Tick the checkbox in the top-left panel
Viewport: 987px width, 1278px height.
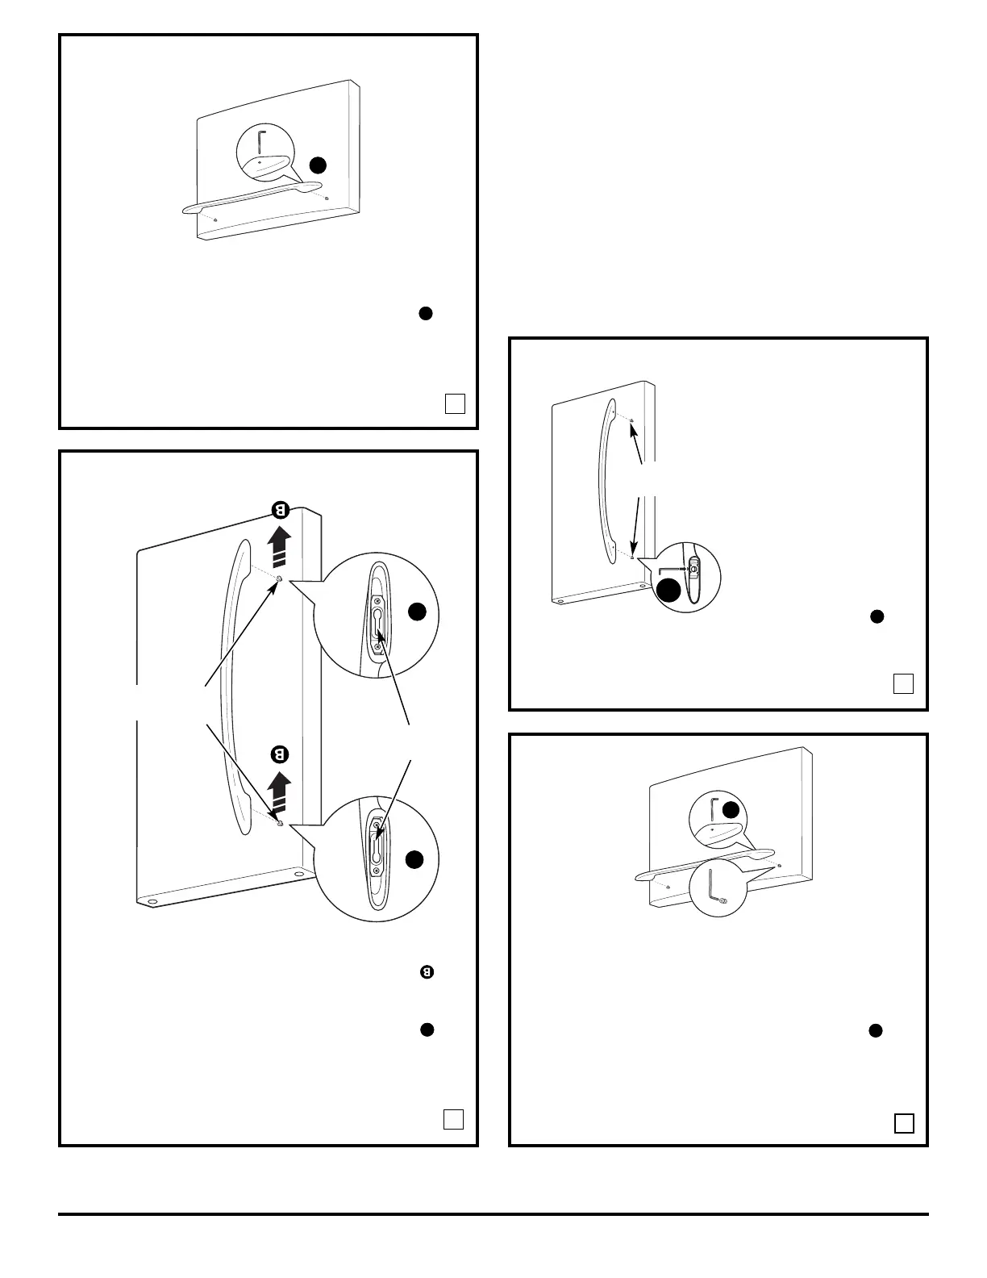pos(455,403)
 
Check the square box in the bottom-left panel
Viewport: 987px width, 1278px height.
pos(454,1119)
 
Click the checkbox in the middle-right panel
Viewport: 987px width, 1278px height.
pos(904,683)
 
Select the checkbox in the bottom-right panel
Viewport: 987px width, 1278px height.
pos(904,1123)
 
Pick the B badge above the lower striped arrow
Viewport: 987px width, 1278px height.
pos(280,755)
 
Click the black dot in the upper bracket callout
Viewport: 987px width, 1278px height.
pos(416,612)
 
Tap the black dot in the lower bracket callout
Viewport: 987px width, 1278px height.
pos(414,860)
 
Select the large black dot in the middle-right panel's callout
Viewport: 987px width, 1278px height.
pos(668,591)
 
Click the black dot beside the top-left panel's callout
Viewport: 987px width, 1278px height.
pos(319,165)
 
